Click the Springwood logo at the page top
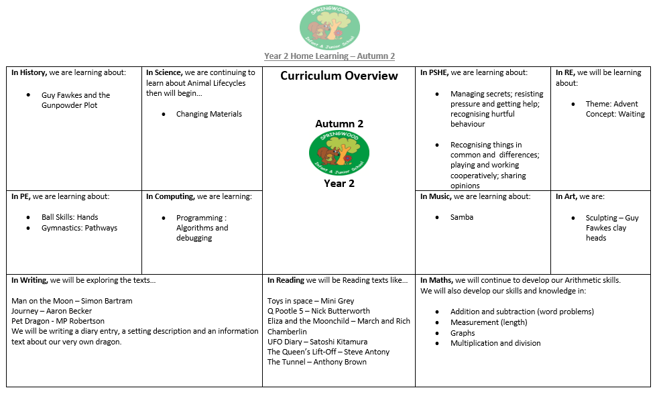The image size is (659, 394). coord(329,26)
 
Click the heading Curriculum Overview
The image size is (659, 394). coord(339,76)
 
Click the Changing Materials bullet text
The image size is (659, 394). coord(208,114)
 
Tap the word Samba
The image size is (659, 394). coord(462,217)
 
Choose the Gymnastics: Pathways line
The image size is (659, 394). coord(79,228)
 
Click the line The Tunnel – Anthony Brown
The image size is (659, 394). coord(316,362)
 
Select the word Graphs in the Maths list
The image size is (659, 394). coord(463,332)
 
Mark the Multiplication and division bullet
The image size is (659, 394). coord(495,343)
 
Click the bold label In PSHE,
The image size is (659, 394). coord(434,72)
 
